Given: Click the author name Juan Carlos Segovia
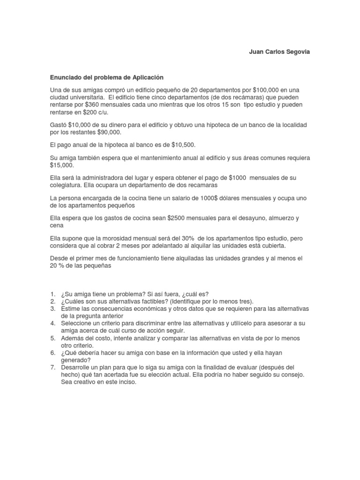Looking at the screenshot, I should click(279, 52).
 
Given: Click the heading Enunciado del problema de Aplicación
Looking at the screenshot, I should click(107, 77).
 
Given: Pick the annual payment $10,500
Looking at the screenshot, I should click(183, 145).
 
